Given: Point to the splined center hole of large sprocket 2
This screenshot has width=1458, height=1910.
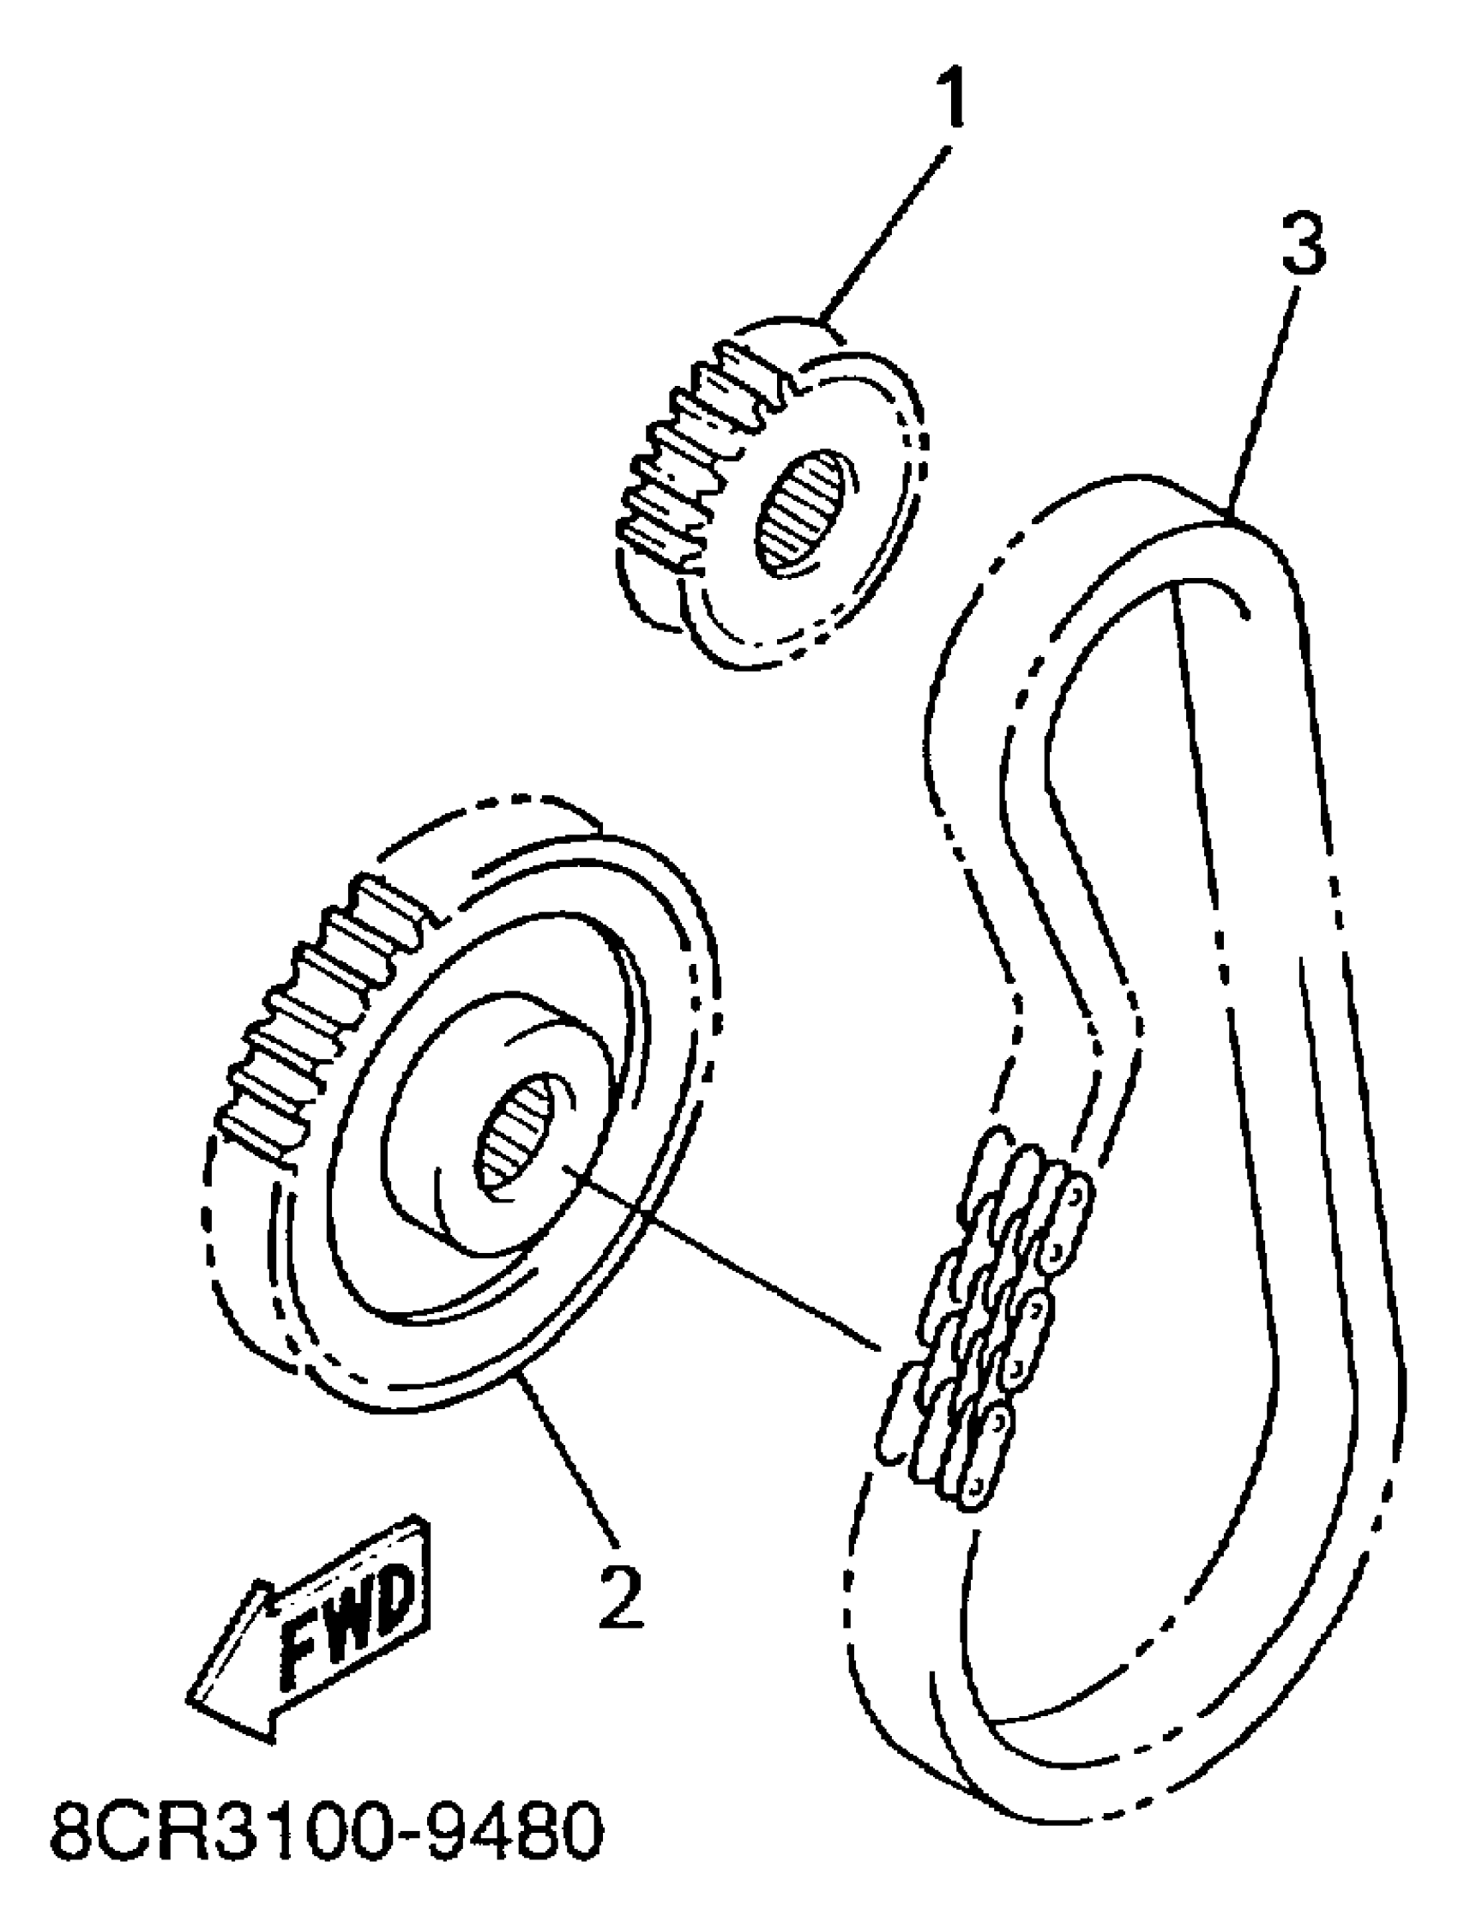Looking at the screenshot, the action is coord(518,1138).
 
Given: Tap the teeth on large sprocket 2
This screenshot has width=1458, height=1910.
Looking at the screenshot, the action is coord(312,1015).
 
